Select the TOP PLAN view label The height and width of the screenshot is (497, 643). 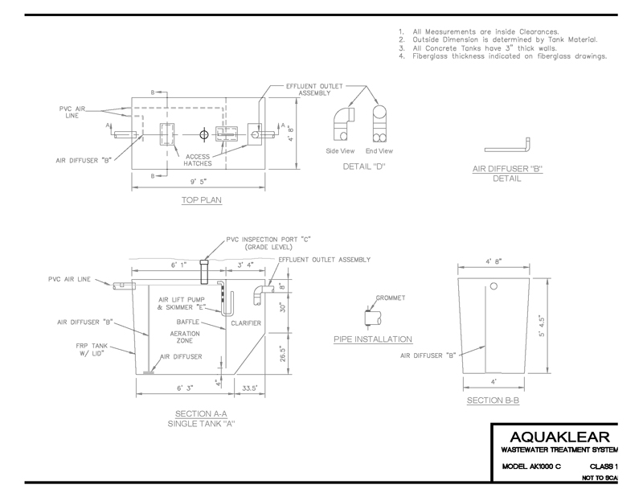pos(200,199)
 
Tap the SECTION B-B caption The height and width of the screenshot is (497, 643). pos(490,399)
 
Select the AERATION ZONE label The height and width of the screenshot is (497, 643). pos(185,336)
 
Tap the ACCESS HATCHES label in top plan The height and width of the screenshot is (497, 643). pos(197,158)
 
